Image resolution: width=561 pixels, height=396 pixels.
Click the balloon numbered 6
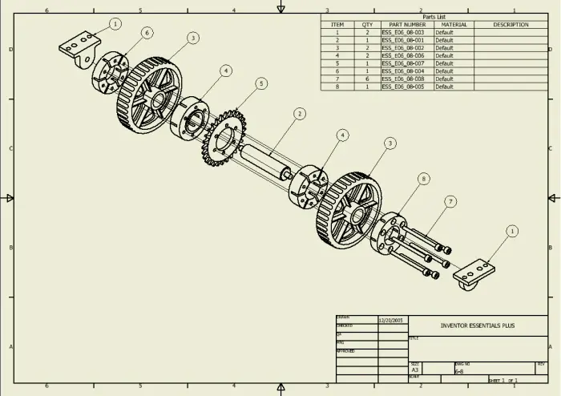point(147,33)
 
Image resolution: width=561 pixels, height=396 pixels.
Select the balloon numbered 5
point(261,83)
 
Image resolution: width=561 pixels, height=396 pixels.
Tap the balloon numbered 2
point(299,114)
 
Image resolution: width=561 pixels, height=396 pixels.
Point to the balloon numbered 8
point(422,178)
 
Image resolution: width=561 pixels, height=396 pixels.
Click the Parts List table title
point(434,17)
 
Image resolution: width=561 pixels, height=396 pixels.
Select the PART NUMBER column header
point(406,25)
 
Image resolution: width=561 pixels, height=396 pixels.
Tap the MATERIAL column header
point(454,25)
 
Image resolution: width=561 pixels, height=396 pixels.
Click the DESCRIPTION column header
point(511,25)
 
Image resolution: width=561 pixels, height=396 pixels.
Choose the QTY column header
point(367,25)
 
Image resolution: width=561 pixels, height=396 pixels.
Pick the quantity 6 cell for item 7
point(367,79)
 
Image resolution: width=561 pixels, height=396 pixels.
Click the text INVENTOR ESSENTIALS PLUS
point(478,326)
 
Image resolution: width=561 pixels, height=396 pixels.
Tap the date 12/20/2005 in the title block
point(392,321)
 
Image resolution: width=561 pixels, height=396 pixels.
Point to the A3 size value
point(415,370)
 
